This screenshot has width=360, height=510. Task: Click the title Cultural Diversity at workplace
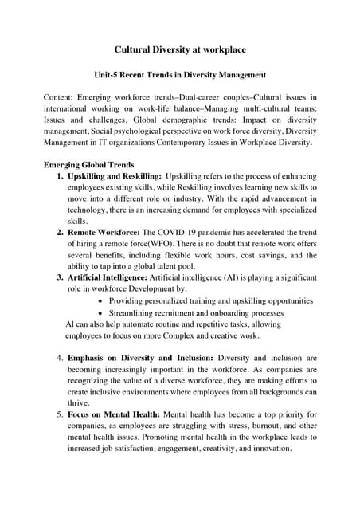[x=180, y=49]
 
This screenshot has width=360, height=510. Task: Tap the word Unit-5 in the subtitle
[x=108, y=76]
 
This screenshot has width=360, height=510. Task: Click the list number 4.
[x=60, y=359]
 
